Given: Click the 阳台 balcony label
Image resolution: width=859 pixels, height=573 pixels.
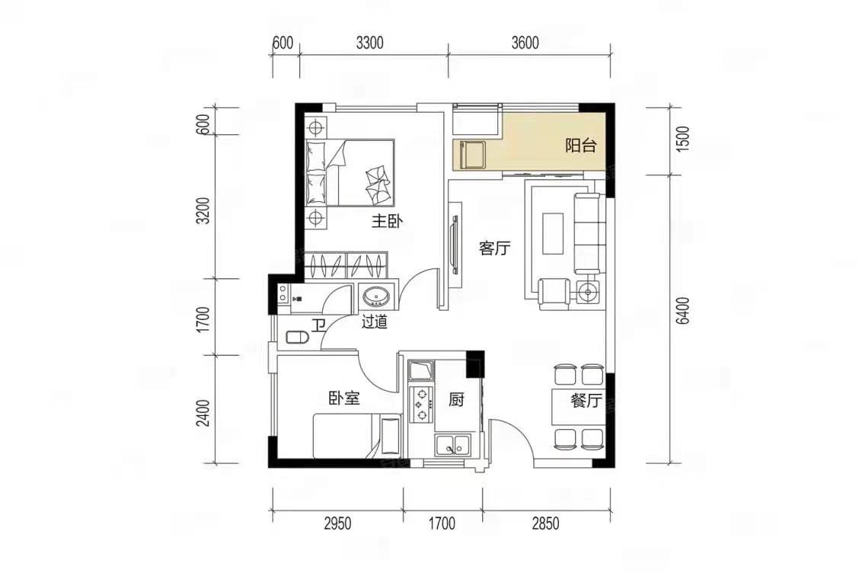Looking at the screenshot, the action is click(x=581, y=146).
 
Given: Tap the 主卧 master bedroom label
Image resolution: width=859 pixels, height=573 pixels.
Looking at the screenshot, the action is click(x=388, y=222).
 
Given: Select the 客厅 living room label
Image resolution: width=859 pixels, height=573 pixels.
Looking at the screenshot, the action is click(x=494, y=248).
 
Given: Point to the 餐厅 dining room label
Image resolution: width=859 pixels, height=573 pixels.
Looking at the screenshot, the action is click(x=586, y=401).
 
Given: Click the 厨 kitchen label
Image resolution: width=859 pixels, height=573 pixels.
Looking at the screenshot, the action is click(x=456, y=400).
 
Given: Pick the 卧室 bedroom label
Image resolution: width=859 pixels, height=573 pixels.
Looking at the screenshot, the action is click(x=344, y=398).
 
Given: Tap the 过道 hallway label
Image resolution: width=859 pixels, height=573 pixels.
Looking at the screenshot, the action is click(x=374, y=322).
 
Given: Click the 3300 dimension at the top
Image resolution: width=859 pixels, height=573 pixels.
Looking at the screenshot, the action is click(x=370, y=43).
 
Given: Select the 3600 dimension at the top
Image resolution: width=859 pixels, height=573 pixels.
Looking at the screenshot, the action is click(x=525, y=43).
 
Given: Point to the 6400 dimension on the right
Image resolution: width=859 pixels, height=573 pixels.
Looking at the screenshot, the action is click(x=682, y=311).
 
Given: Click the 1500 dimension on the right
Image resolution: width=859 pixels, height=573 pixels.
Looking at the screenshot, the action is click(x=682, y=139).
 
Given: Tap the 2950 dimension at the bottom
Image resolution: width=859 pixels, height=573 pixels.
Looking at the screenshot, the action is click(x=337, y=523).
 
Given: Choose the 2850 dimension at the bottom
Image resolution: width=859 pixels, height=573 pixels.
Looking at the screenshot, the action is click(x=546, y=523).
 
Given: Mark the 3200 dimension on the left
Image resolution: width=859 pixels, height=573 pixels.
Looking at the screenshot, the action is click(x=204, y=210).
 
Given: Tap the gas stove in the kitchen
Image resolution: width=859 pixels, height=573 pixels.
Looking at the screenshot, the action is click(x=421, y=405).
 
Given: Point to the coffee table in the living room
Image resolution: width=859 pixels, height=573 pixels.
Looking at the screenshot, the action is click(x=553, y=233).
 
